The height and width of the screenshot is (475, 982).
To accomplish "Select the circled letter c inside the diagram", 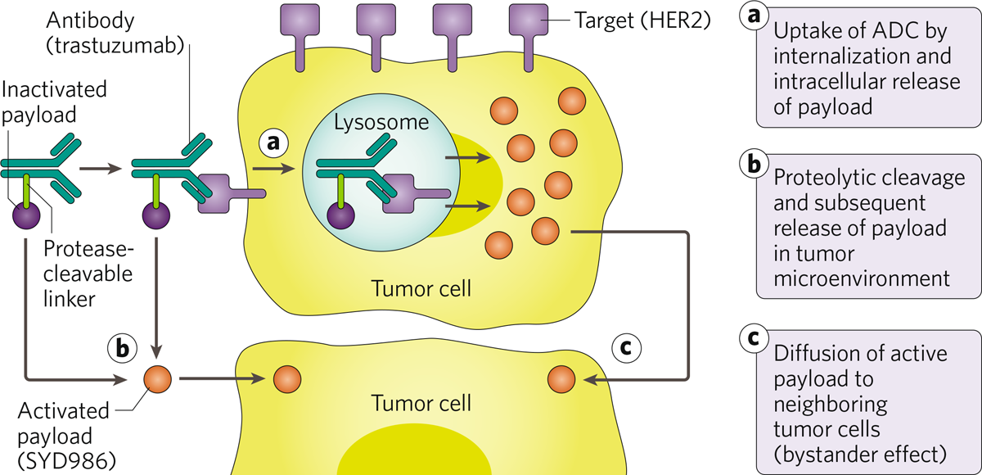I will [626, 347].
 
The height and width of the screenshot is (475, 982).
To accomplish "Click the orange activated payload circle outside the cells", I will [158, 378].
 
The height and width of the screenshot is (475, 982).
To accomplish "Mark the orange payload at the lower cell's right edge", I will [561, 379].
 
